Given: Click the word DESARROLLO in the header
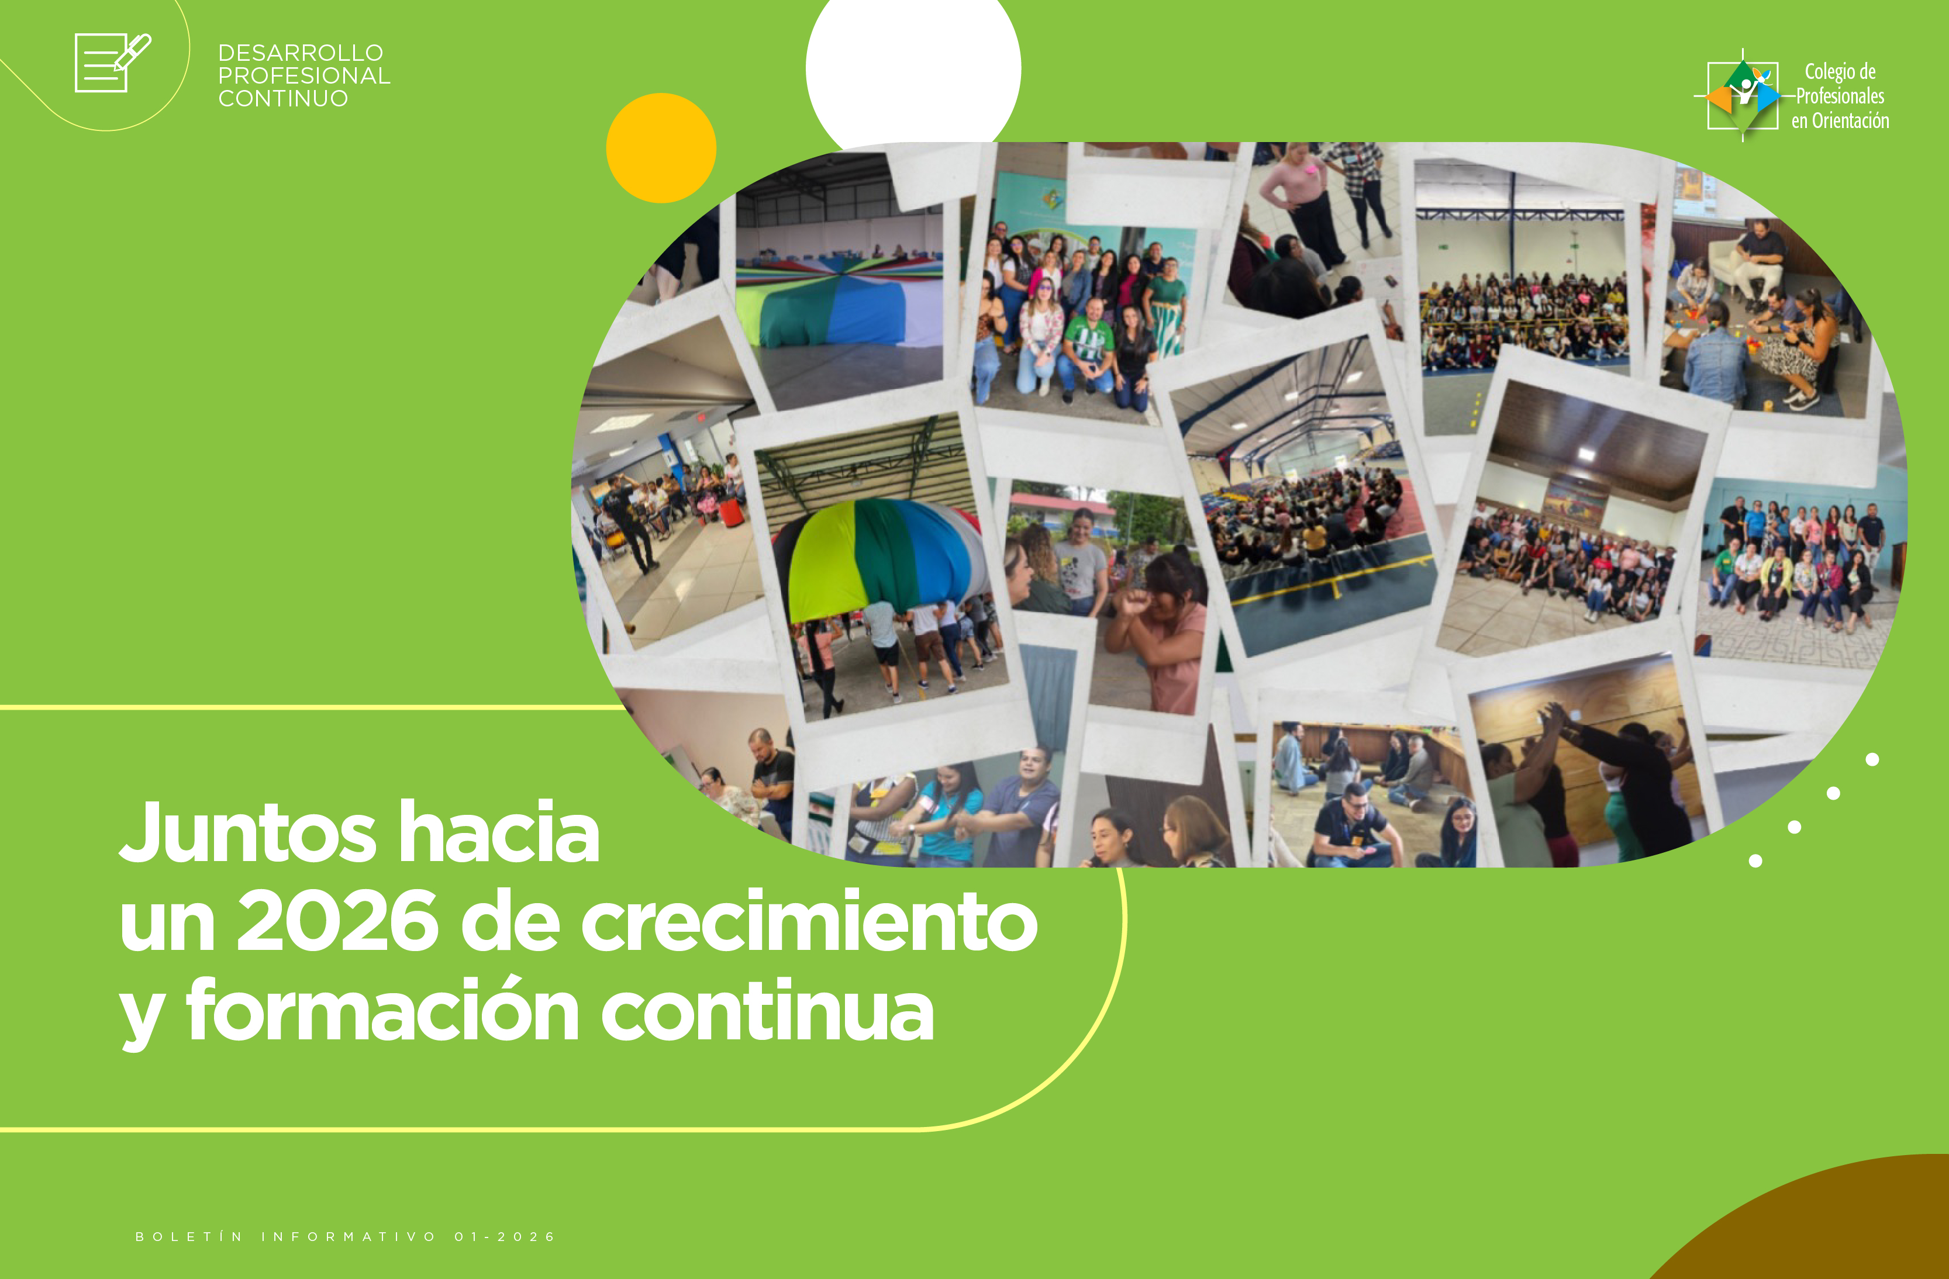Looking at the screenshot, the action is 301,53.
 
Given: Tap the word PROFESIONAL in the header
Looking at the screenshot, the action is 305,75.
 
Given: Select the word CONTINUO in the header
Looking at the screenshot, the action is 284,98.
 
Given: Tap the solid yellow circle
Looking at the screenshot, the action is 661,148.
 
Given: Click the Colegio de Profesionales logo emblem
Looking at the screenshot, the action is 1743,95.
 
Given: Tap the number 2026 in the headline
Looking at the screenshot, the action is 337,922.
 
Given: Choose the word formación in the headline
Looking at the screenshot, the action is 383,1010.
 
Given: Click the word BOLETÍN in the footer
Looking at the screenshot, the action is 189,1236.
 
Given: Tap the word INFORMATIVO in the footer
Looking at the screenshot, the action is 349,1236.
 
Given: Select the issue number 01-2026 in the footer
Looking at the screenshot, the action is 505,1236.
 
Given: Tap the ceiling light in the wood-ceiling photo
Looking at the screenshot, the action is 1586,454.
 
